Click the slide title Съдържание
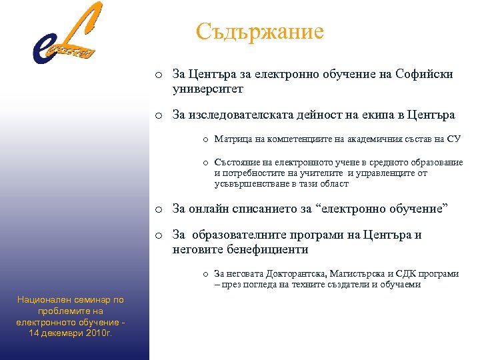[x=260, y=31]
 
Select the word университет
[x=208, y=88]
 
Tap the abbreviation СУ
[x=453, y=139]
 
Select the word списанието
[x=267, y=209]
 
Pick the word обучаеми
[x=401, y=284]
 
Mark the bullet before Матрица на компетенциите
[x=207, y=140]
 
